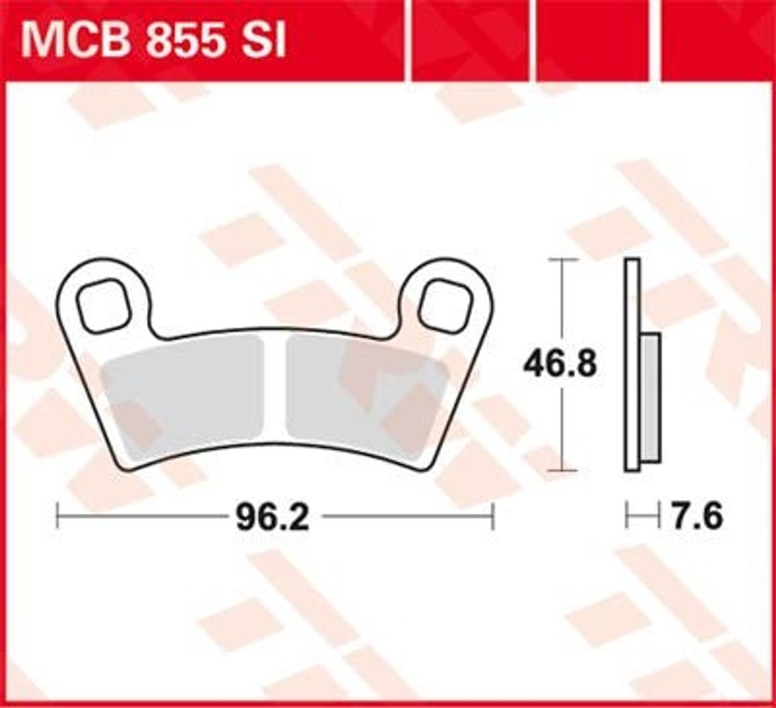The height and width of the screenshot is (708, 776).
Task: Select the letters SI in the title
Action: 266,41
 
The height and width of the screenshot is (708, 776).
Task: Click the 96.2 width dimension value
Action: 273,517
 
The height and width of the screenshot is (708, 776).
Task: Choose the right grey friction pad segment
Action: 366,398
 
